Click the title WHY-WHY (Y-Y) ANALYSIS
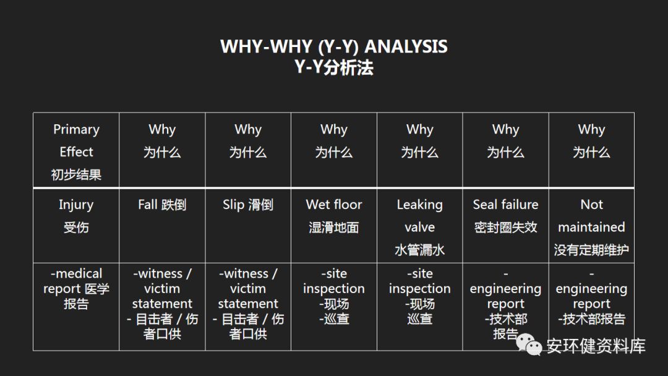[x=334, y=46]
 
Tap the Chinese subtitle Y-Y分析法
[x=334, y=67]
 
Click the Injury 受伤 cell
[x=76, y=224]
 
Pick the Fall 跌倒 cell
[x=162, y=224]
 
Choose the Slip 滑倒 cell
[x=248, y=224]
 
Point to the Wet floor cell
[x=334, y=224]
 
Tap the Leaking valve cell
[x=419, y=224]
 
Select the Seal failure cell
[x=505, y=224]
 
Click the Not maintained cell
[x=591, y=224]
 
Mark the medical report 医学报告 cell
[x=76, y=306]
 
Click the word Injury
[x=76, y=205]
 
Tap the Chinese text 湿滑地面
[x=334, y=228]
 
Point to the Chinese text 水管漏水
[x=419, y=250]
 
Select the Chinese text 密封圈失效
[x=505, y=228]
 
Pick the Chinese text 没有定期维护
[x=591, y=250]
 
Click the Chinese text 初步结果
[x=76, y=174]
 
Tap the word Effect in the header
[x=76, y=152]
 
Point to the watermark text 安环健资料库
[x=596, y=346]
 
